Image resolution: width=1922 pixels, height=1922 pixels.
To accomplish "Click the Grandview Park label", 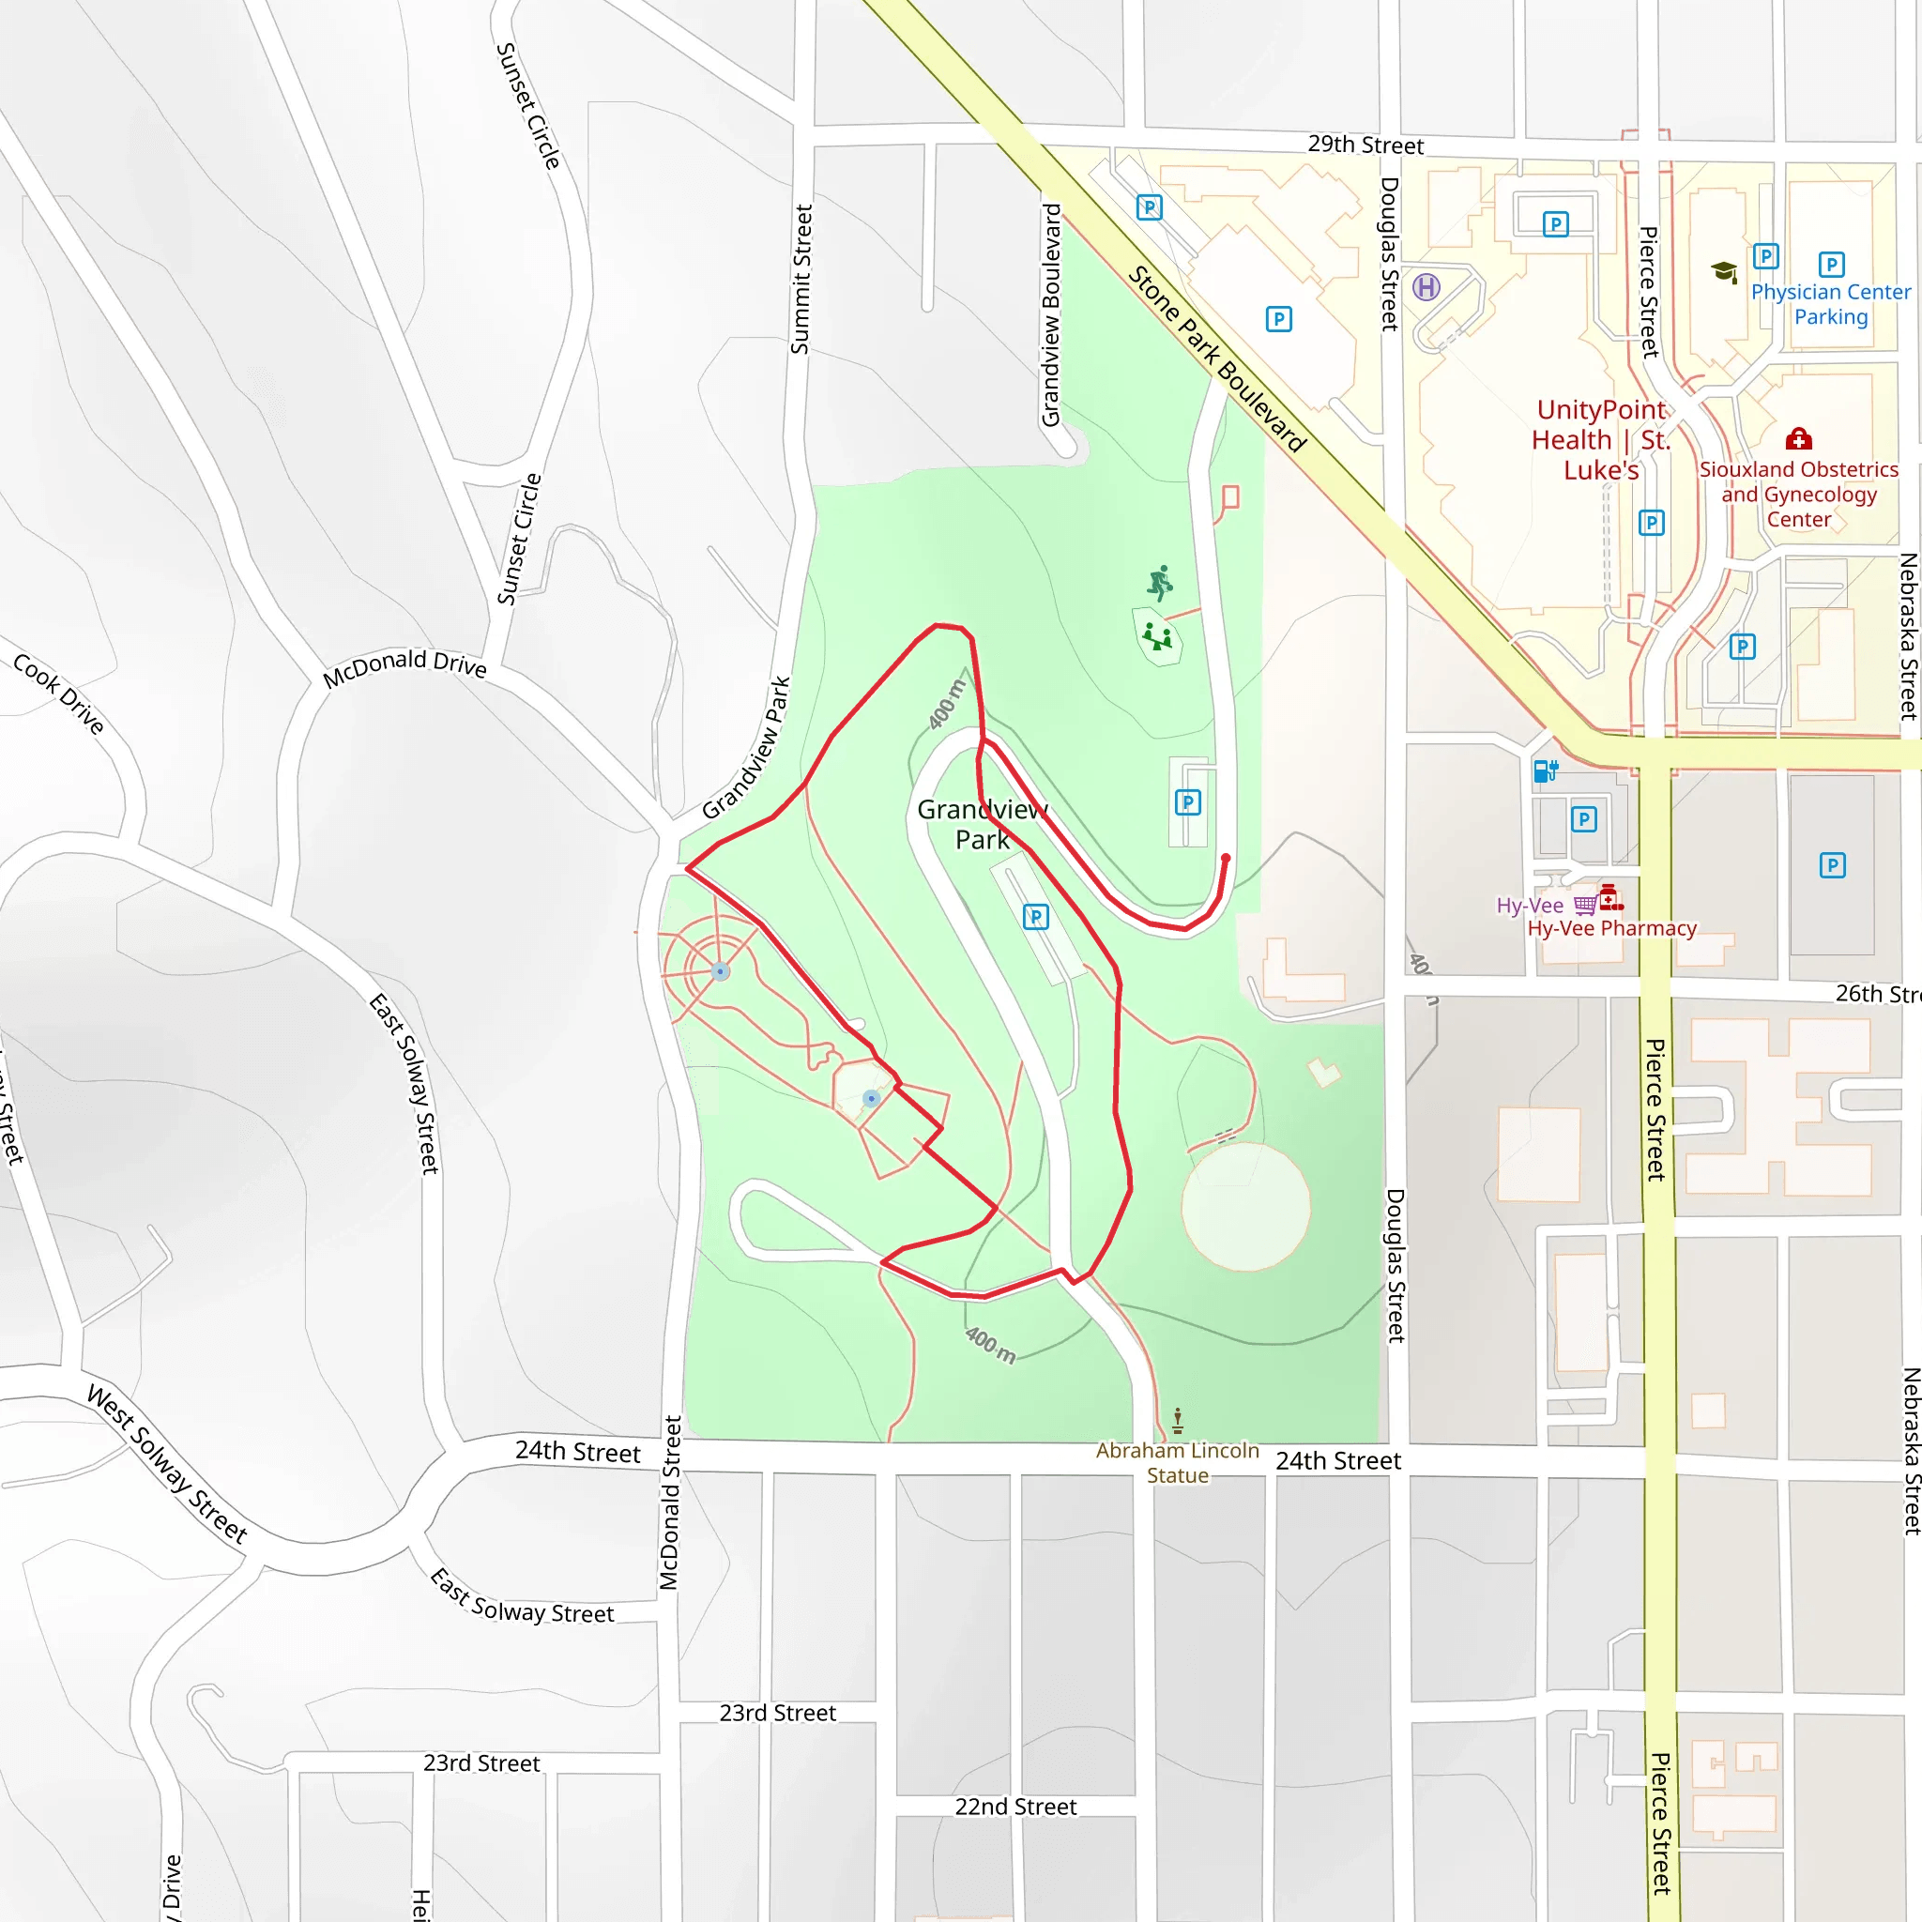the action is (982, 824).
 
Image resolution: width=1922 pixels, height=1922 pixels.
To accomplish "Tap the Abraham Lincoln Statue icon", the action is (1178, 1420).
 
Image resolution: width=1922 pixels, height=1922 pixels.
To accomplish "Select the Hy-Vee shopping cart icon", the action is (1585, 905).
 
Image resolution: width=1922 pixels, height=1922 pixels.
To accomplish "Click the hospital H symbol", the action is (1426, 287).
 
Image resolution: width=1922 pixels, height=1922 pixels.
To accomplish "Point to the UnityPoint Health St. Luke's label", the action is (1601, 440).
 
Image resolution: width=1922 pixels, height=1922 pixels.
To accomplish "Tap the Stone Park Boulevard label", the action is (1215, 359).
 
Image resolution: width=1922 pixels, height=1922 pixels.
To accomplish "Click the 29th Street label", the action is (1365, 145).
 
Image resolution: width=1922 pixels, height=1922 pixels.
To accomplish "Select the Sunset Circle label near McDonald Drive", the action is (519, 540).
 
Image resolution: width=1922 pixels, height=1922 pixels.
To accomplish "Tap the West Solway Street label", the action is (167, 1462).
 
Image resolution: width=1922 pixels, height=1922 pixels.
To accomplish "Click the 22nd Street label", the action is (1015, 1807).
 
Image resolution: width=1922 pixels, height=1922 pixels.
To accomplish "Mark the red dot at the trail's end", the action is (1226, 858).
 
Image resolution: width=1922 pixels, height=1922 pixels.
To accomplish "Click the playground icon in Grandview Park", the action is (1157, 635).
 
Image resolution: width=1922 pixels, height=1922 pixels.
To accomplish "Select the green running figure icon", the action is (1160, 583).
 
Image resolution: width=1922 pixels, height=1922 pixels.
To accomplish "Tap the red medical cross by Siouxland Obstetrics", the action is (1797, 438).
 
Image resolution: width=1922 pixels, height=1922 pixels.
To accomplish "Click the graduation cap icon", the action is (1724, 271).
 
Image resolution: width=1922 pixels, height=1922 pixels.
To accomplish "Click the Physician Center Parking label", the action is (1830, 304).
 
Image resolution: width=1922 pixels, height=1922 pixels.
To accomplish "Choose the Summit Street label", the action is (801, 280).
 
